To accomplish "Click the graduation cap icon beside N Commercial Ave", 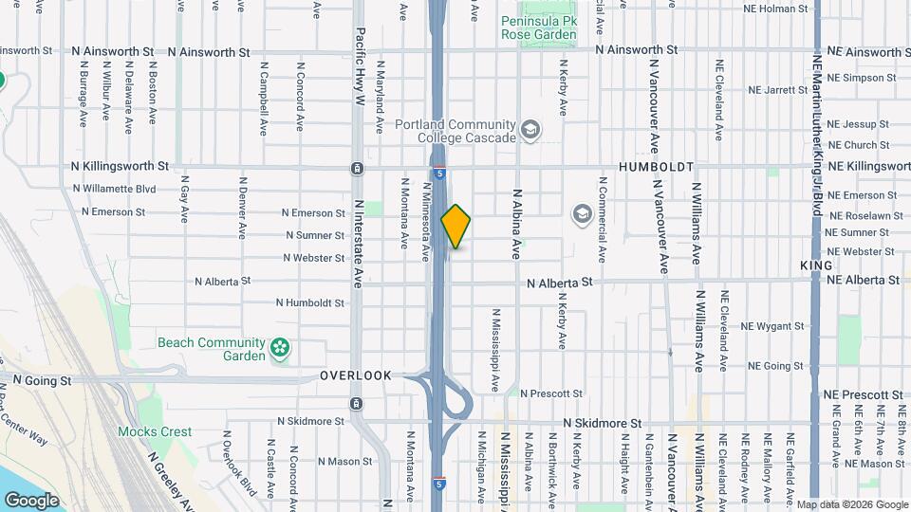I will click(581, 215).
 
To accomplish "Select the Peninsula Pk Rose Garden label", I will click(538, 27).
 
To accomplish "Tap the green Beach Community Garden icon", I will click(280, 350).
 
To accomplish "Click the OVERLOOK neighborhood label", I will click(356, 375).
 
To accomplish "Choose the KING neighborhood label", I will click(816, 265).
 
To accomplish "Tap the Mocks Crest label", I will click(155, 431).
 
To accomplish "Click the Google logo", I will click(30, 500).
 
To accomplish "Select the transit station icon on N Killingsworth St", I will click(357, 168).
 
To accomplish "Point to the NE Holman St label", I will click(776, 9).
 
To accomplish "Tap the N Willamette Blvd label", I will click(114, 189).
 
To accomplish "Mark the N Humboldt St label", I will click(310, 303).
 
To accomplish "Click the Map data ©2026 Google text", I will click(852, 504).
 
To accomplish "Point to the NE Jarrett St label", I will click(777, 90).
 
